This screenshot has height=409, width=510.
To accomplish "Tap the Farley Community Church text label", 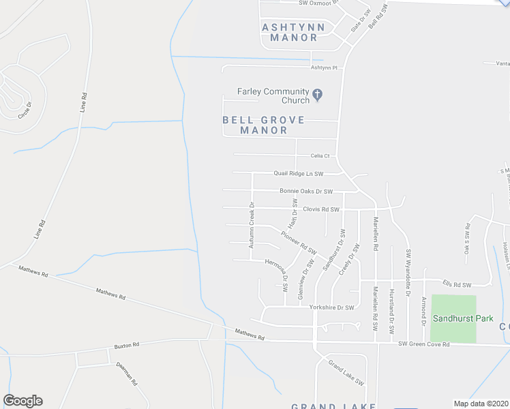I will tap(273, 96).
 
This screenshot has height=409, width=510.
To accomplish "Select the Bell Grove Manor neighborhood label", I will tap(263, 125).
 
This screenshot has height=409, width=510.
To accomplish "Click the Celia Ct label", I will tap(320, 156).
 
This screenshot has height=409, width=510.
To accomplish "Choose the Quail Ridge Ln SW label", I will tap(298, 174).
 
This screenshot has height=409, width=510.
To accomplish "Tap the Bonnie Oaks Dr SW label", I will tap(305, 192).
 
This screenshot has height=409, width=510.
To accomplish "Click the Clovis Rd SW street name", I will tap(321, 209).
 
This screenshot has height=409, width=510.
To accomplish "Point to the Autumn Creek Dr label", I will tap(252, 224).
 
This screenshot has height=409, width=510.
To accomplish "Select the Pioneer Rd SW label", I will tap(299, 243).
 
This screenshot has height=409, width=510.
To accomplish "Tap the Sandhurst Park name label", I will tap(453, 318).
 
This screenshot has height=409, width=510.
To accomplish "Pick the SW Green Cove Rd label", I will tap(425, 345).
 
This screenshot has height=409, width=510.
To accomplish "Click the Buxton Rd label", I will tap(126, 345).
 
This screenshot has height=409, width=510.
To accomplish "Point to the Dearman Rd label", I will tap(127, 372).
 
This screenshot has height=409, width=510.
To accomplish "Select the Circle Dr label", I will tap(25, 110).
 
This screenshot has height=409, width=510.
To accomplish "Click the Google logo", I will tap(22, 401).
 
